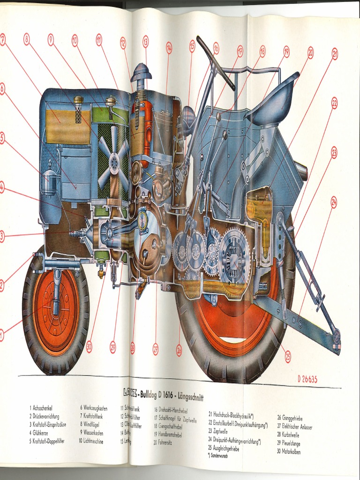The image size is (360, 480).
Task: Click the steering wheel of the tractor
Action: coord(215,63)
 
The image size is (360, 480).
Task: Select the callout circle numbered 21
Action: coord(335,54)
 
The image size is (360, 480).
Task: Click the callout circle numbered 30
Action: coord(89,346)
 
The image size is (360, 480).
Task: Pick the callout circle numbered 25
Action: coord(287,357)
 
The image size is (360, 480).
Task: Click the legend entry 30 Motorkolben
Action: coord(288,452)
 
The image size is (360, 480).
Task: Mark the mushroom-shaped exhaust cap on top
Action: coord(141,73)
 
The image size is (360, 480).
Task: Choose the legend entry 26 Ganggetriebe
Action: coord(290,417)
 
